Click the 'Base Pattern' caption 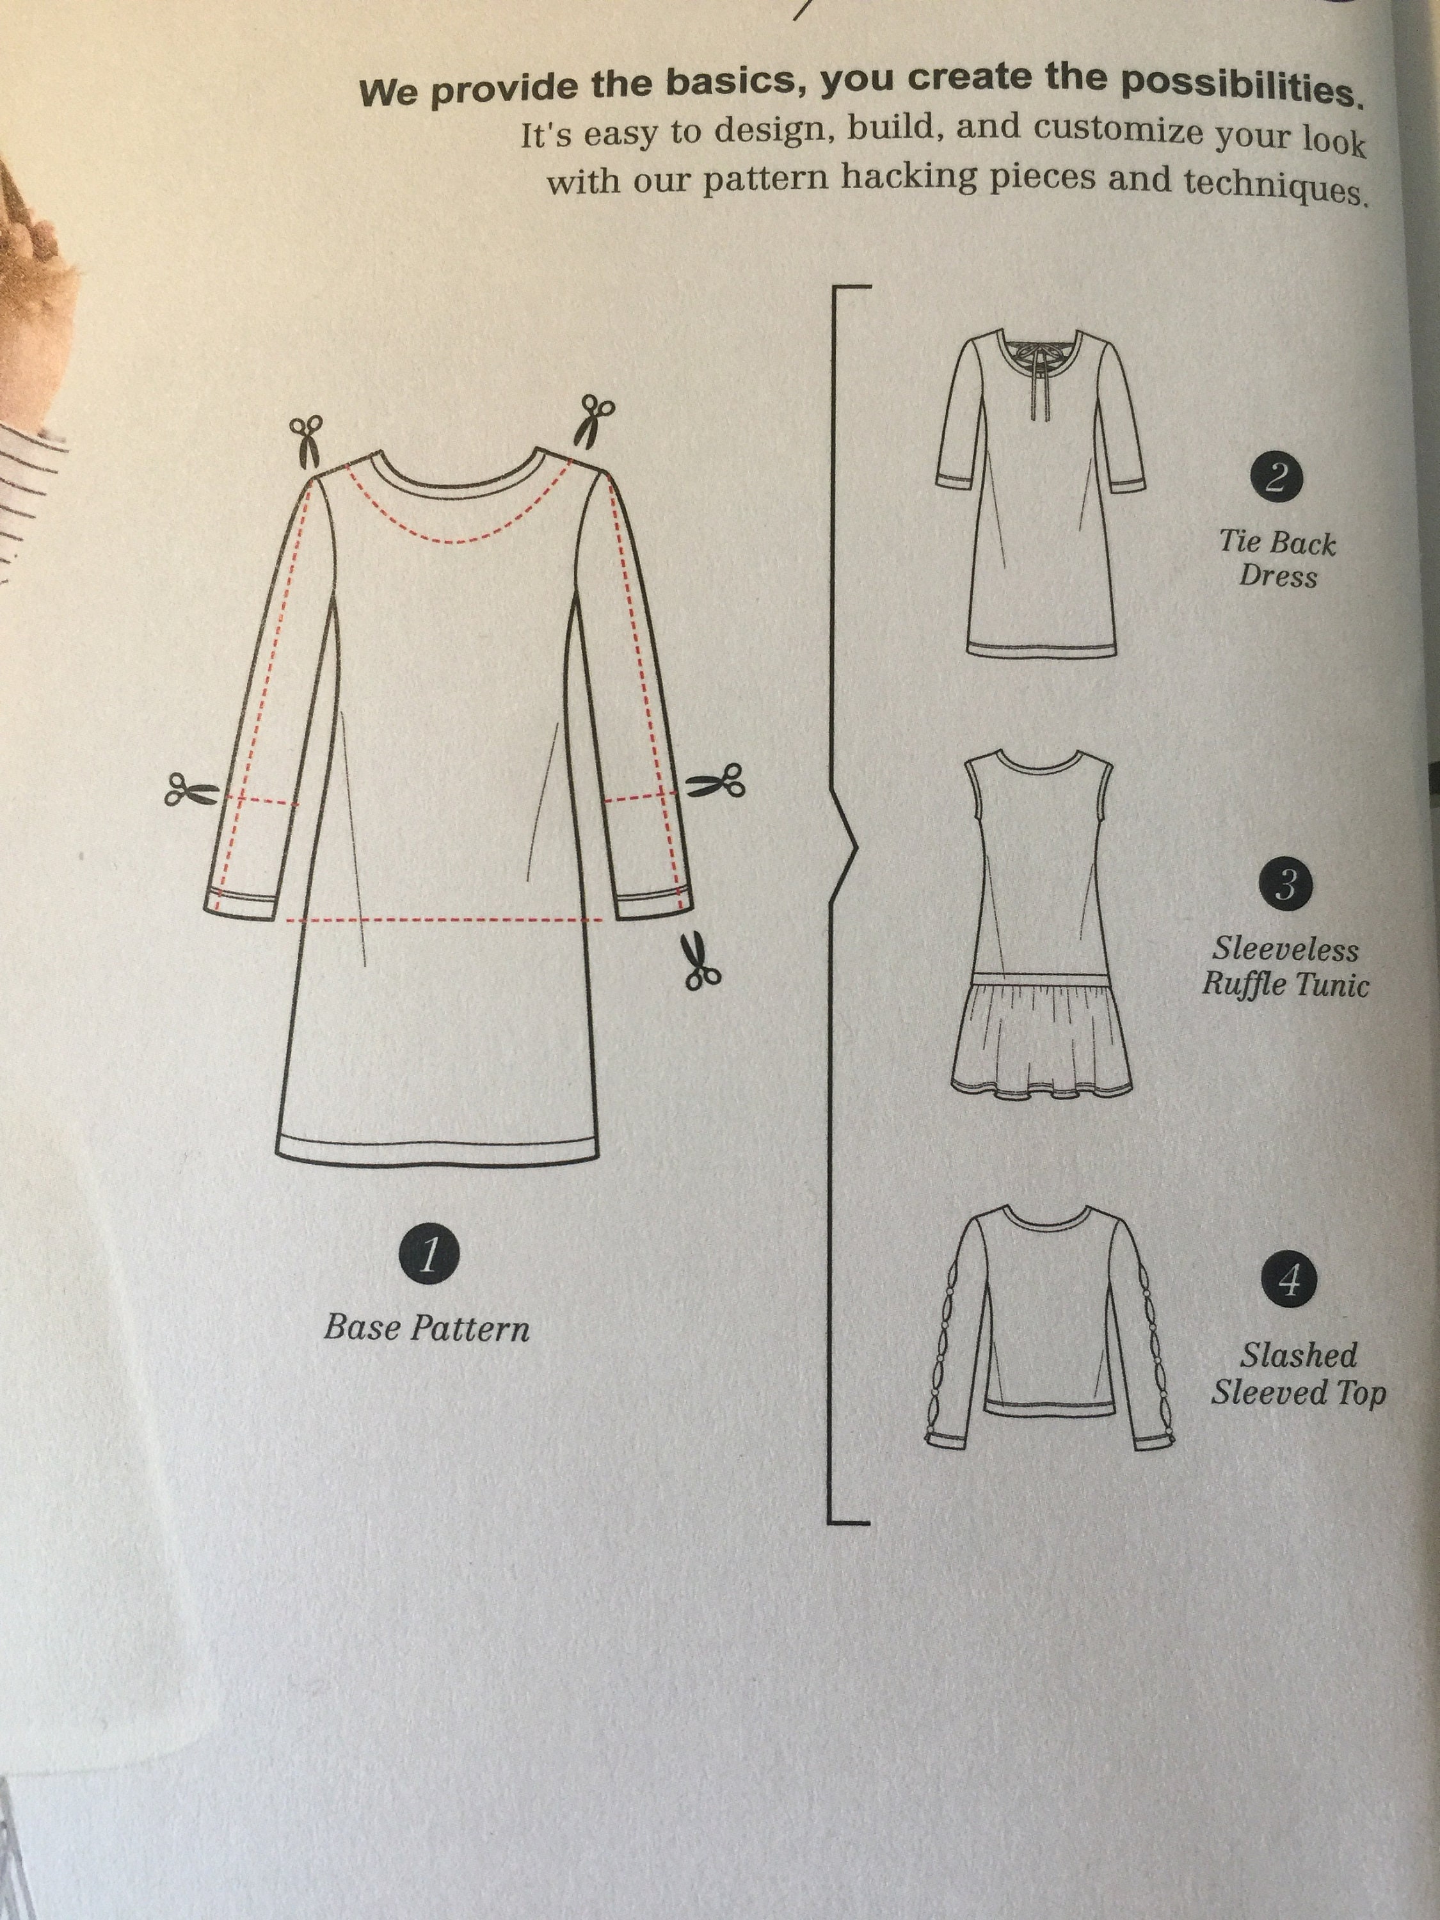point(426,1329)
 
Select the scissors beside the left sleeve point(191,790)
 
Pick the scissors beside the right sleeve point(716,782)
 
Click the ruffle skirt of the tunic point(1041,1037)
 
